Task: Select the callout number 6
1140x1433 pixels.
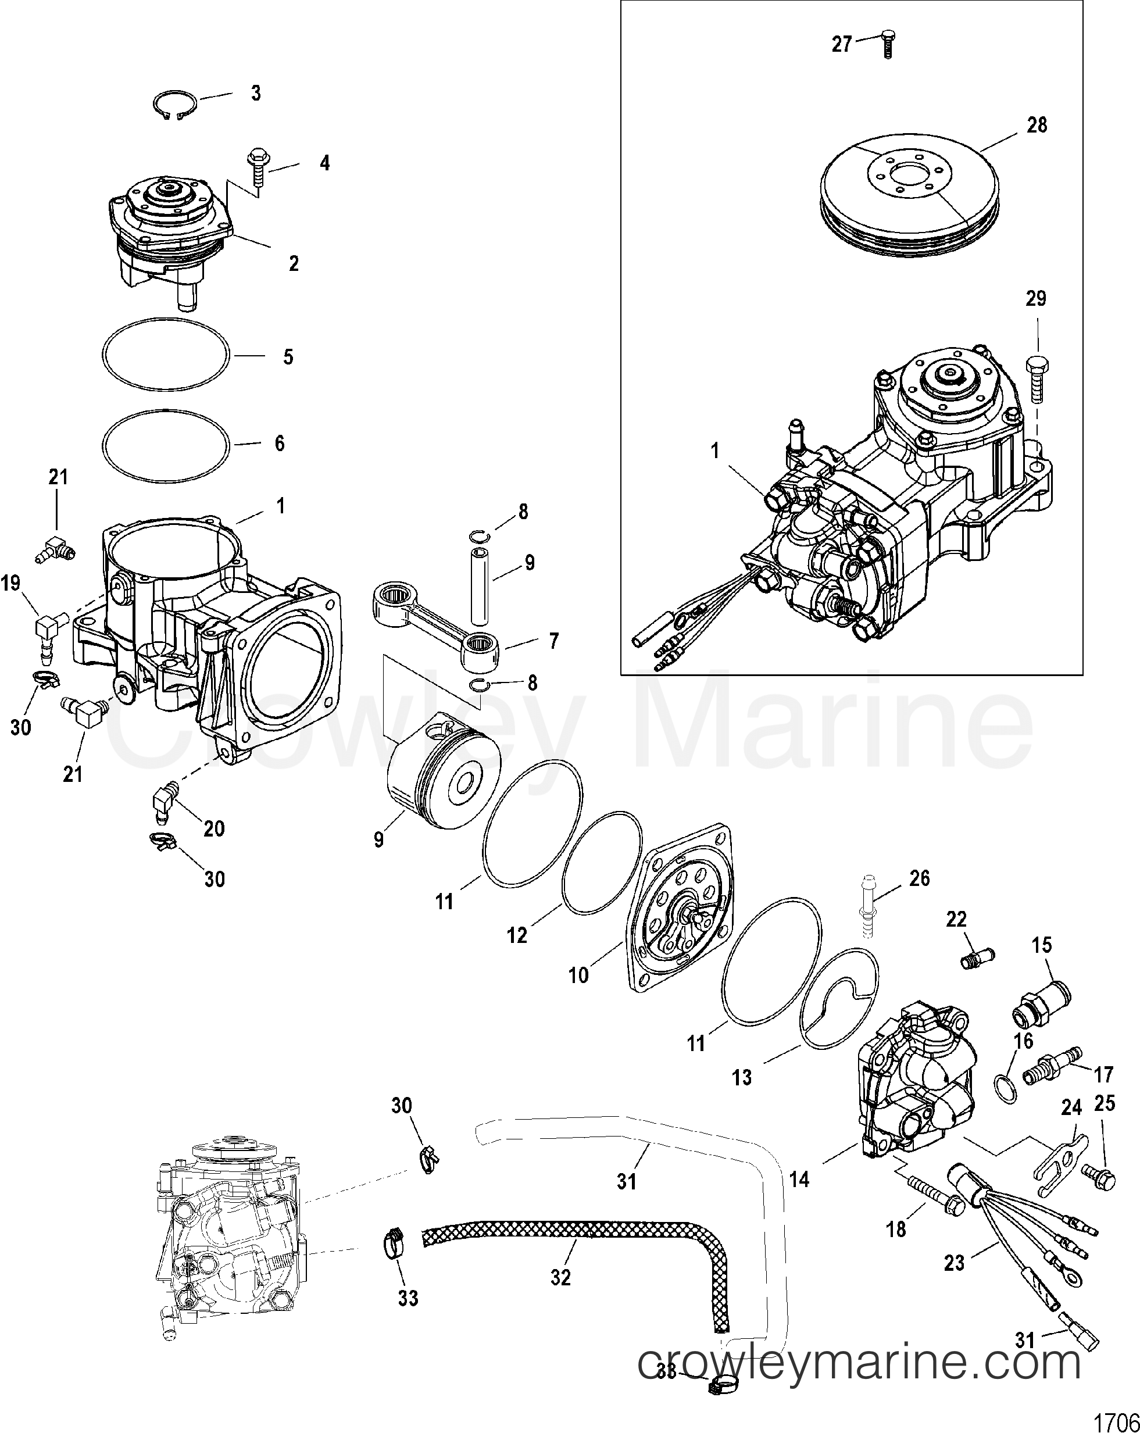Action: click(x=279, y=444)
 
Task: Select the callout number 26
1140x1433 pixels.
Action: click(x=919, y=878)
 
